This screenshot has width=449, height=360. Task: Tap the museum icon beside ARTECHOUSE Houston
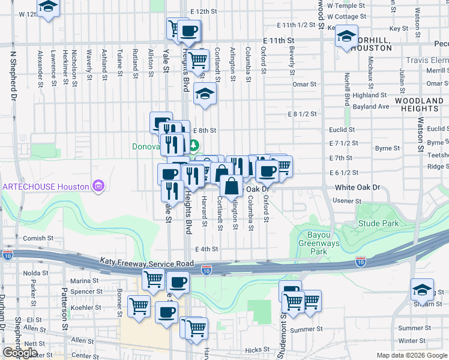pyautogui.click(x=98, y=187)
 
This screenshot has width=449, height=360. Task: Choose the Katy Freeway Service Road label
pyautogui.click(x=146, y=263)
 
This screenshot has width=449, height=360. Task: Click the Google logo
pyautogui.click(x=20, y=353)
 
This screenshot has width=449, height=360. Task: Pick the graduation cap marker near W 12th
pyautogui.click(x=47, y=8)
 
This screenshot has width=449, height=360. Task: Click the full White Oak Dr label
pyautogui.click(x=358, y=188)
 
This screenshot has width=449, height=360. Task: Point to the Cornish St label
pyautogui.click(x=38, y=238)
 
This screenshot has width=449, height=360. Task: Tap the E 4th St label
pyautogui.click(x=206, y=249)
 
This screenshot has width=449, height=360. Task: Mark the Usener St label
pyautogui.click(x=345, y=200)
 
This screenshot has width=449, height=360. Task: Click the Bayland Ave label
pyautogui.click(x=372, y=107)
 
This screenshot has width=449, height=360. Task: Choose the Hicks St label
pyautogui.click(x=257, y=349)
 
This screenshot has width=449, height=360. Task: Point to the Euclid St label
pyautogui.click(x=342, y=129)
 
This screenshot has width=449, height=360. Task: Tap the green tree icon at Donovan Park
pyautogui.click(x=194, y=145)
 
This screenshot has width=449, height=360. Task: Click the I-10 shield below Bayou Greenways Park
pyautogui.click(x=360, y=261)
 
